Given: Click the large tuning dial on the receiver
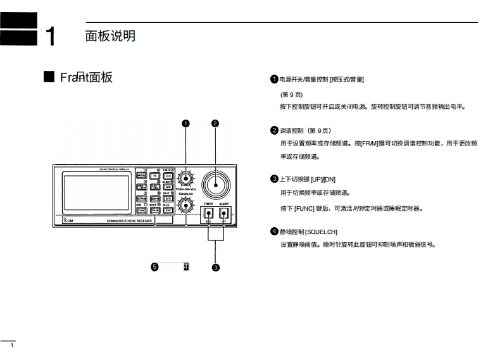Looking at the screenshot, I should tap(215, 185).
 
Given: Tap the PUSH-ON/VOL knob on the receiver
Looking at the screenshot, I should tap(186, 178).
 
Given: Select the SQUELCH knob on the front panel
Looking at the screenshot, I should tap(186, 204).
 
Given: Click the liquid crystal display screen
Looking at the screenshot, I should tap(95, 192).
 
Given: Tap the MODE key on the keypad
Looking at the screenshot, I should tap(141, 176).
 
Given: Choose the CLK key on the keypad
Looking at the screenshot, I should tap(168, 176).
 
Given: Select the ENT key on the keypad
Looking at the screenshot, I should tap(168, 210).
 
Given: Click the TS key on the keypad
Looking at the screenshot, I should tap(154, 176).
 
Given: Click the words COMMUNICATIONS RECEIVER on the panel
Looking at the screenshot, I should tap(129, 221).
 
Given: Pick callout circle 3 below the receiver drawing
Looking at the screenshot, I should tap(216, 268).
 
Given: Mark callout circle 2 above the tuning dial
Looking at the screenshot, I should tap(215, 123).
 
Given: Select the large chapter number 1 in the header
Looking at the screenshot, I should tap(51, 37).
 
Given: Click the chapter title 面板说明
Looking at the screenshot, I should tap(110, 36).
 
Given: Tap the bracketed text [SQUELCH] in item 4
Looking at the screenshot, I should tap(321, 232).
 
